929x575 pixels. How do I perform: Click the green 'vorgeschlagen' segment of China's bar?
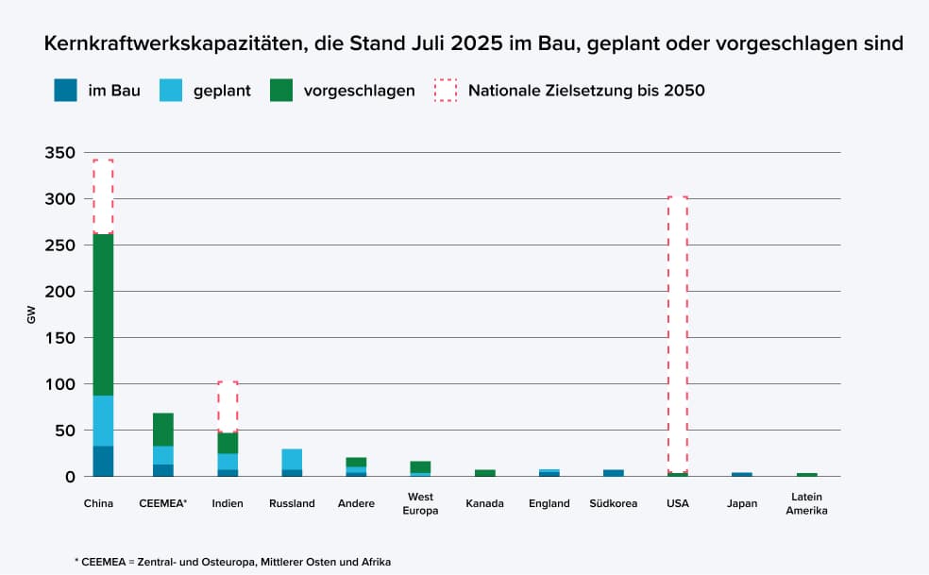(103, 314)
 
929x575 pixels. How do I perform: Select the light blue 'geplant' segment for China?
(103, 421)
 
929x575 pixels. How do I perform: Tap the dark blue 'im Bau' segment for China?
(103, 461)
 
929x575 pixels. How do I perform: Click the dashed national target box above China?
(103, 196)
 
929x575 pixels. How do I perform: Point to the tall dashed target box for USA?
(677, 330)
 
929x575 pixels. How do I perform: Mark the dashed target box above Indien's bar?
(228, 407)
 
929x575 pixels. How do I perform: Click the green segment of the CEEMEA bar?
(163, 430)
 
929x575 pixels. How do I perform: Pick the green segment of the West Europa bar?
(420, 466)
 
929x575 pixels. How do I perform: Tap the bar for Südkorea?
(613, 472)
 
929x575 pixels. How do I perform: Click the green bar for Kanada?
(484, 472)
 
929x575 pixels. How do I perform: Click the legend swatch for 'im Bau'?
(65, 91)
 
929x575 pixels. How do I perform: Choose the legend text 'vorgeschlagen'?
(359, 91)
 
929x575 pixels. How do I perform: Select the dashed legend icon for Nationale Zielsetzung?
(445, 91)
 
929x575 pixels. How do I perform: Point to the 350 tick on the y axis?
(61, 153)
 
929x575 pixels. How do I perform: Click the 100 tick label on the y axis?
(61, 384)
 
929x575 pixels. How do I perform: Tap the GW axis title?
(31, 315)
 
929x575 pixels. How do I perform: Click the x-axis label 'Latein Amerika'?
(806, 503)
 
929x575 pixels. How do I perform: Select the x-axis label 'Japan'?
(741, 503)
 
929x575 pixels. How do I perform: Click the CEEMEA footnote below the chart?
(231, 561)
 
